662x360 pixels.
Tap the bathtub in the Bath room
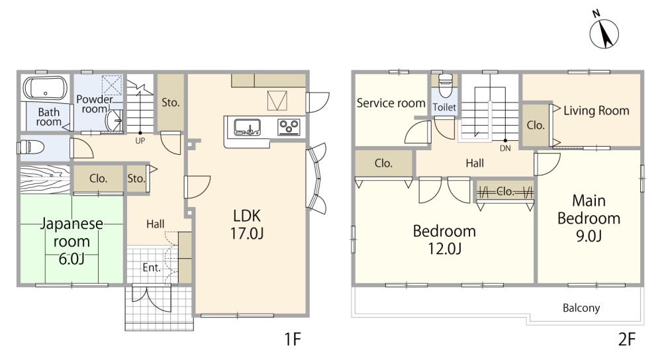[45, 88]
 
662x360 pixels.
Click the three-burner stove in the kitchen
[289, 127]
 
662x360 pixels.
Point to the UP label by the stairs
[140, 141]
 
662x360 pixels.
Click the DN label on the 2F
[505, 148]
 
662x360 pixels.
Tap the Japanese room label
[71, 232]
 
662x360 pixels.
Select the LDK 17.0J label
[247, 224]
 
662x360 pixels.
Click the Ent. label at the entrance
[152, 267]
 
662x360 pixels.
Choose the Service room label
[391, 103]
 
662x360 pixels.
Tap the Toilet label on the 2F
[445, 107]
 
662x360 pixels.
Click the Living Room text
[596, 111]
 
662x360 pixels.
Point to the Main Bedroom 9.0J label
[589, 218]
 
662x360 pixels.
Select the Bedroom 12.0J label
[445, 240]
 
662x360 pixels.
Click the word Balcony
[581, 308]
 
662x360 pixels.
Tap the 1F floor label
[292, 339]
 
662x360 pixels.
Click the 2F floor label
[627, 339]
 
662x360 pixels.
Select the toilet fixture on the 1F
[31, 148]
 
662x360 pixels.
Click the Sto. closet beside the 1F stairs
[171, 103]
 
